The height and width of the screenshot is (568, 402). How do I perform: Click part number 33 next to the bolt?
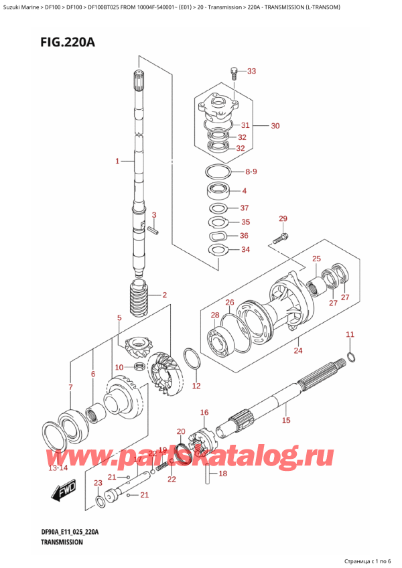coord(251,72)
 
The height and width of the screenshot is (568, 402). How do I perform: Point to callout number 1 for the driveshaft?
coord(117,161)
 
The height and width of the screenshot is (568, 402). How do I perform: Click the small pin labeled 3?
coord(153,230)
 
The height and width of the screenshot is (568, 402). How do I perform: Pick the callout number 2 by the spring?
coord(163,295)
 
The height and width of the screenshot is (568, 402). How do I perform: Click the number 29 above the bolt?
coord(282,219)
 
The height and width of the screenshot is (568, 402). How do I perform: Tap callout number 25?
coord(316,259)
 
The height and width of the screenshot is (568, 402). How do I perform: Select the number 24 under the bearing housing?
coord(297,349)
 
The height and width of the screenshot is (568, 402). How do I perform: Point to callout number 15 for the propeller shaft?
coord(286,421)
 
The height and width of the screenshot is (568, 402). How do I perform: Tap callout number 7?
coord(70,387)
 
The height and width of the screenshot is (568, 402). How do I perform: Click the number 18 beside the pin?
coord(223,474)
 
